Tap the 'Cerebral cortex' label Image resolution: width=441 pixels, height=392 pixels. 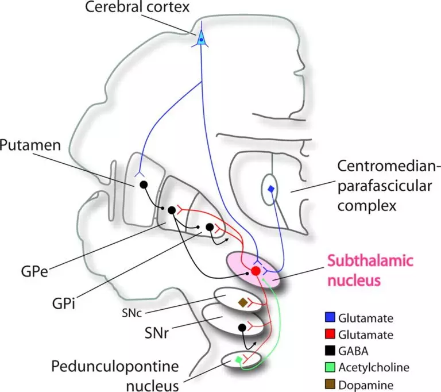137,7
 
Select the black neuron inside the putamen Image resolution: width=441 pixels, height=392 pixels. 144,185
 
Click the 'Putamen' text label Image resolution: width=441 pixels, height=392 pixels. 30,145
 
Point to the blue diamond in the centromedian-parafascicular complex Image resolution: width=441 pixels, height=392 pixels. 271,189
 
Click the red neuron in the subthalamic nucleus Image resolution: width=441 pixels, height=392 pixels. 256,271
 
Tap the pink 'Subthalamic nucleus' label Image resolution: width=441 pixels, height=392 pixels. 370,271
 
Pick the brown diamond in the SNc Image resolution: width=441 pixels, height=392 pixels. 243,303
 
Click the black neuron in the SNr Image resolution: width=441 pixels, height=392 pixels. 242,328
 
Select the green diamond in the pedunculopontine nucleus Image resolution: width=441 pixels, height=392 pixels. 239,360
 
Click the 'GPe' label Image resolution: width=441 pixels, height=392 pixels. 34,272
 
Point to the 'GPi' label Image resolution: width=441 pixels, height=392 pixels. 64,303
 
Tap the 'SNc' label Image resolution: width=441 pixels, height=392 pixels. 131,313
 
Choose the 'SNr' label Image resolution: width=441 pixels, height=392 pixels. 157,333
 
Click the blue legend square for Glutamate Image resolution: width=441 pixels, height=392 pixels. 330,317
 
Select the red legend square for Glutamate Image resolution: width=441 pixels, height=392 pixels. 330,334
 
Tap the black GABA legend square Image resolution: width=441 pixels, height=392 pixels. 330,350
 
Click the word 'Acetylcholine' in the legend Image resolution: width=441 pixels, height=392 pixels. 374,367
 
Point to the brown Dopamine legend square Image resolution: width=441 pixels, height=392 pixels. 330,384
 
